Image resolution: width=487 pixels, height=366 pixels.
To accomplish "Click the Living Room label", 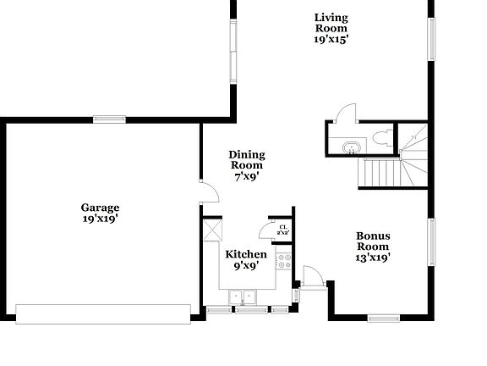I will tap(331, 27).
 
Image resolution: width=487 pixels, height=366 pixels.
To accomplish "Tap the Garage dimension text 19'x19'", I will tap(100, 219).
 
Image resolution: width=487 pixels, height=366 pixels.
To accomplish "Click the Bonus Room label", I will tap(373, 247).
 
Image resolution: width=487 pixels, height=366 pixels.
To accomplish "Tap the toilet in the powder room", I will tap(380, 138).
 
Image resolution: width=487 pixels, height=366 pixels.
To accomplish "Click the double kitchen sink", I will tap(243, 297).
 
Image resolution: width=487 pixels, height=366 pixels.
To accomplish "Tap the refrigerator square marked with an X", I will tap(211, 231).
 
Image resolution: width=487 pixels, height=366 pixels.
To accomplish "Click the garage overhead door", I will tap(104, 313).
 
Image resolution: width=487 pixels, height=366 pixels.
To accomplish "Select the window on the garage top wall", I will tap(110, 119).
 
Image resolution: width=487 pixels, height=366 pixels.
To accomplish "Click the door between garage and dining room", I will tap(208, 193).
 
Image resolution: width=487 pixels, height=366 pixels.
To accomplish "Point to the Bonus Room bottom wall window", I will tap(383, 318).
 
